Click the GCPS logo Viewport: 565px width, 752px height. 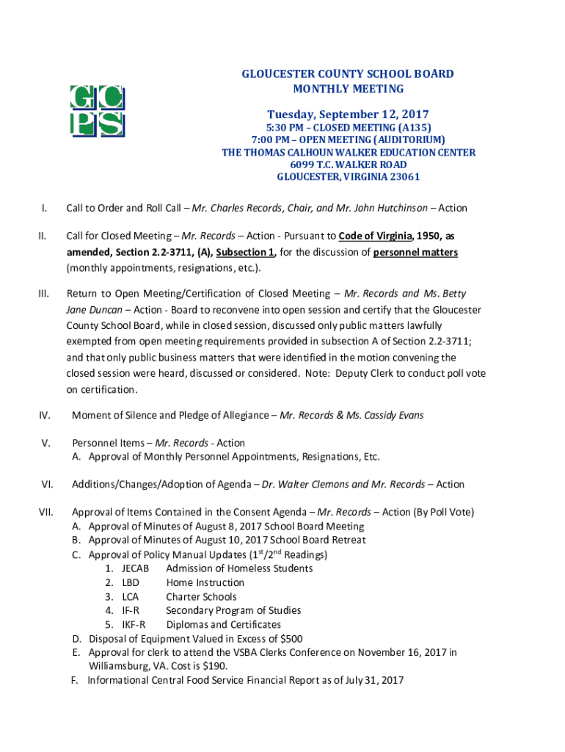(x=96, y=111)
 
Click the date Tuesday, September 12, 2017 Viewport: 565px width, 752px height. (x=348, y=115)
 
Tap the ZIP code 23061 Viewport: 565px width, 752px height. (x=402, y=177)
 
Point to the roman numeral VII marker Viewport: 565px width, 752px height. (x=46, y=512)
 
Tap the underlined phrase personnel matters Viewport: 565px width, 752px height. (x=415, y=253)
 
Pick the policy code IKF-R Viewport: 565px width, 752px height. (x=134, y=625)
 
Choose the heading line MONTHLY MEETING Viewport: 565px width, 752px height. (x=348, y=89)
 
